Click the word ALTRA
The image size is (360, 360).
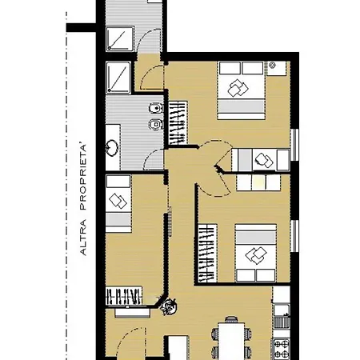tap(83, 238)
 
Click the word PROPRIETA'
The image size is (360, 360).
tap(83, 177)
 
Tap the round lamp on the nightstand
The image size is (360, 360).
tap(272, 65)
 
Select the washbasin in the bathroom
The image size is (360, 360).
tap(112, 147)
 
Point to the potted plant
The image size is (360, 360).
tap(169, 306)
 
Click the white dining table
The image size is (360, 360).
tap(231, 341)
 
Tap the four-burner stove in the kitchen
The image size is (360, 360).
tap(282, 349)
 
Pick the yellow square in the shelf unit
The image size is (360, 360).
tap(258, 182)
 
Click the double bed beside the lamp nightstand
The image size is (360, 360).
tap(241, 90)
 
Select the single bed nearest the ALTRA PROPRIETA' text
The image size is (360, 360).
tap(118, 203)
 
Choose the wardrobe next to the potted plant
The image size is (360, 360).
tap(124, 296)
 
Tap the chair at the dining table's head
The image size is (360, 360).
tap(230, 319)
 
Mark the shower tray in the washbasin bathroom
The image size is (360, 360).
tap(118, 78)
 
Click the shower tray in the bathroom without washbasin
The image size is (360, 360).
tap(120, 39)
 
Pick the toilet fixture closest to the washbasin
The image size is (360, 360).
tap(156, 124)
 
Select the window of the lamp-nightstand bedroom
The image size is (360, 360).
tap(294, 145)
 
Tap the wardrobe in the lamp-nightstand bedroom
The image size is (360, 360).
tap(178, 123)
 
